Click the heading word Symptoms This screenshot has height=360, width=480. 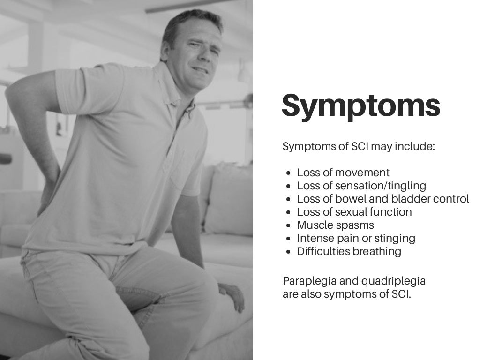pos(360,106)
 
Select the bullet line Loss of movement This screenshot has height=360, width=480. pos(343,172)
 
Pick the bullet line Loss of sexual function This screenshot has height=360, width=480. pos(354,212)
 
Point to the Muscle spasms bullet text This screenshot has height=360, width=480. pos(335,225)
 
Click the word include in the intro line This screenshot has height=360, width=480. pos(415,147)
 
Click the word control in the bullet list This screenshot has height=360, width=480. pos(451,199)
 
